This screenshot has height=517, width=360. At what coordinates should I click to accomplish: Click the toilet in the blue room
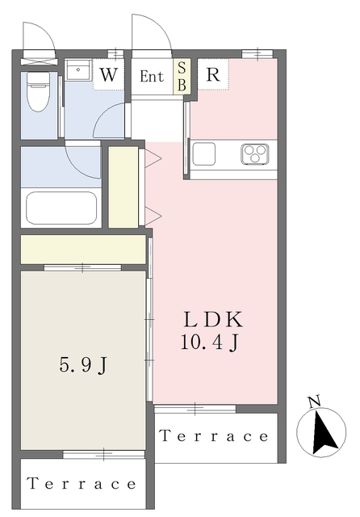38,91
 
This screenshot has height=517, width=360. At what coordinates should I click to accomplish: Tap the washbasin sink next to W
78,69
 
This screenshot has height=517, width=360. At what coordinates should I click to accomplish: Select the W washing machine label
109,75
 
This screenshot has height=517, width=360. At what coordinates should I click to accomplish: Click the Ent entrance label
152,77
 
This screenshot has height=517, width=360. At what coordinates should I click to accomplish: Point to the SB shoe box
182,77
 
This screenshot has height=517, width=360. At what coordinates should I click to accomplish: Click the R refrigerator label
213,75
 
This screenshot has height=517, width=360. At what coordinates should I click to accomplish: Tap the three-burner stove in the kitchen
255,153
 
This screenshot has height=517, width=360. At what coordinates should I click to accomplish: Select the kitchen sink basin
204,154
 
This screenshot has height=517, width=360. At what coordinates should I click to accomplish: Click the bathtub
61,208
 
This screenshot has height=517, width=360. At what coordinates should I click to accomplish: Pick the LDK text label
213,320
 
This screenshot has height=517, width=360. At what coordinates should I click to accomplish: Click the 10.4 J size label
210,343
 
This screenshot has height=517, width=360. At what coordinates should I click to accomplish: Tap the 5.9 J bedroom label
83,365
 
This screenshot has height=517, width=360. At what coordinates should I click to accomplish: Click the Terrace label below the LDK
214,436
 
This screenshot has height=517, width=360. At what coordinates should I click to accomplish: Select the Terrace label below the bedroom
82,483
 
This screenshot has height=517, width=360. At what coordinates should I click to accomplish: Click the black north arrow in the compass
324,433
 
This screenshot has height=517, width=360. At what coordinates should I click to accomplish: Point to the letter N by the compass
315,402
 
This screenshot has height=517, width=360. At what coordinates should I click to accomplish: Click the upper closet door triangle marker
153,158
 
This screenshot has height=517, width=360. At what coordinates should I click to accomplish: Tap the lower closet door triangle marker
153,216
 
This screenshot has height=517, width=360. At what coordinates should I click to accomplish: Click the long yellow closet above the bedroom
83,250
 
